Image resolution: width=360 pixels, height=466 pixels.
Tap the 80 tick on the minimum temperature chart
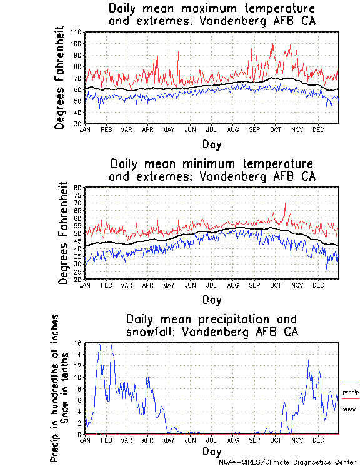click(78, 188)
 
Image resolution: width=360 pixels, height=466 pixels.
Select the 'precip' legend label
click(351, 392)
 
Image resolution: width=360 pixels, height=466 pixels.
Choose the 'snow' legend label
click(349, 408)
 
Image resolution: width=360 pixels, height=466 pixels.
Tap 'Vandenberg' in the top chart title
click(234, 21)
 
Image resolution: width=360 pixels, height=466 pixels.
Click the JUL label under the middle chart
click(211, 285)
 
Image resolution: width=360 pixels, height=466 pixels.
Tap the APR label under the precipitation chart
click(147, 440)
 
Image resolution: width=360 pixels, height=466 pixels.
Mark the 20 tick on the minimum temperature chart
click(78, 279)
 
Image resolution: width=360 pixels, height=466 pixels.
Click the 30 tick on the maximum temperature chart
click(78, 124)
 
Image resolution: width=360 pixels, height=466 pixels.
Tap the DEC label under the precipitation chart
click(318, 440)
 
